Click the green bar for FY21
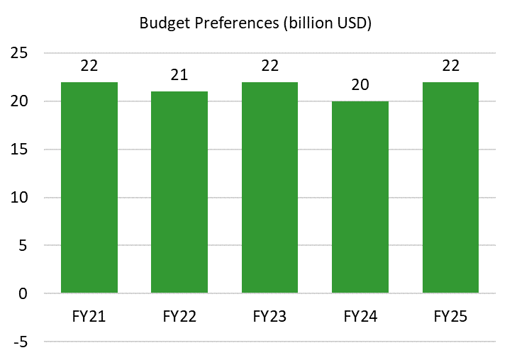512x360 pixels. [89, 188]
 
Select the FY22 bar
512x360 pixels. [179, 192]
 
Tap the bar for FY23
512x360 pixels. [269, 188]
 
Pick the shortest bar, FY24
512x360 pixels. [360, 197]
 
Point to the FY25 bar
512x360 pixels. [450, 188]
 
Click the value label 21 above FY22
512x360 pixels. [179, 75]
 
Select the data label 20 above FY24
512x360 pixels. [360, 85]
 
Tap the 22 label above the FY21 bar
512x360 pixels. [89, 66]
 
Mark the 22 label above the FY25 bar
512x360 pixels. [450, 66]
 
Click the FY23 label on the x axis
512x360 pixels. [269, 315]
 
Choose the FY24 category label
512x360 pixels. [360, 315]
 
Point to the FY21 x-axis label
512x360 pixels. [89, 315]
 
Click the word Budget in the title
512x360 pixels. [163, 23]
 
